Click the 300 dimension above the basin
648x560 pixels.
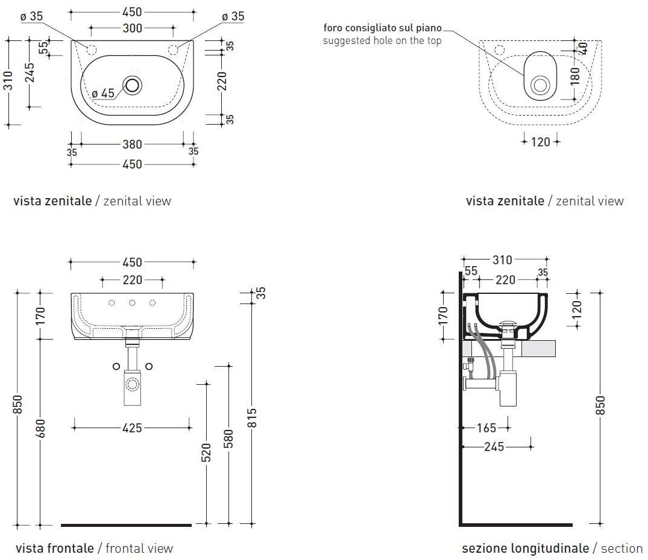click(132, 28)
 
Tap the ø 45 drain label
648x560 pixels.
click(103, 93)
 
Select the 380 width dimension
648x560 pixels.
click(132, 145)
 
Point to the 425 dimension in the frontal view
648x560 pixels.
click(132, 428)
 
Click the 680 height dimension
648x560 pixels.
click(40, 428)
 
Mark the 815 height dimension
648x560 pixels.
click(253, 418)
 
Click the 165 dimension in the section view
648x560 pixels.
click(486, 428)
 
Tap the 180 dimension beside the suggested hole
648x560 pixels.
click(574, 75)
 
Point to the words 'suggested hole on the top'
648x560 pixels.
click(382, 41)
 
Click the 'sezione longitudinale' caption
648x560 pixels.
click(525, 549)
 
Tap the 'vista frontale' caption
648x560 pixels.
click(55, 549)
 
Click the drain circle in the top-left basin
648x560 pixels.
click(133, 85)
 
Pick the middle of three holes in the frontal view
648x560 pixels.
click(132, 303)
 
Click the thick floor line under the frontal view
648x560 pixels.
click(126, 525)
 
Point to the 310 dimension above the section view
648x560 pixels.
click(502, 260)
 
